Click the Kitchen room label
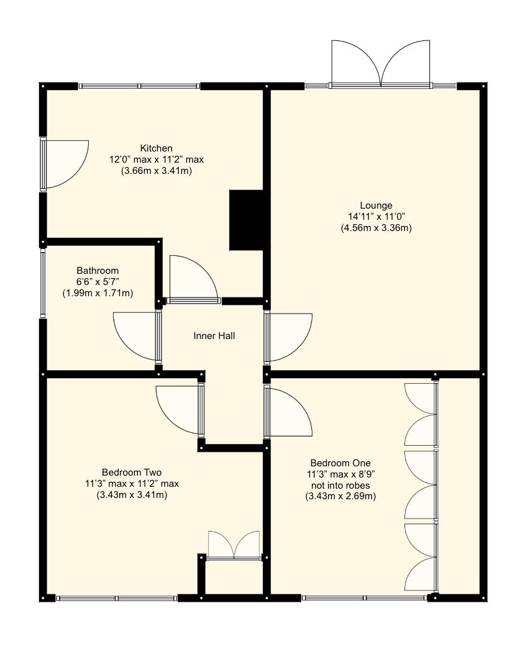156,148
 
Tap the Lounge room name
376,206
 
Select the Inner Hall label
214,335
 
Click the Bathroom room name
98,271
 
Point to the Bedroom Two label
132,473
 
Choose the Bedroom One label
340,463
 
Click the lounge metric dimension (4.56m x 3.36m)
376,228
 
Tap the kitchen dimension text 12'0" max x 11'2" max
156,159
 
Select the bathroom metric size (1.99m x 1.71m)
98,293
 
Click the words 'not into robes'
340,485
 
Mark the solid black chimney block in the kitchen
246,220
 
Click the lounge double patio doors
381,64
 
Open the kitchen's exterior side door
65,165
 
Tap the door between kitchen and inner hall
194,279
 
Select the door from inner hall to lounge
288,337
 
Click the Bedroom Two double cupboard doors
234,546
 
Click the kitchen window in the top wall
139,86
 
